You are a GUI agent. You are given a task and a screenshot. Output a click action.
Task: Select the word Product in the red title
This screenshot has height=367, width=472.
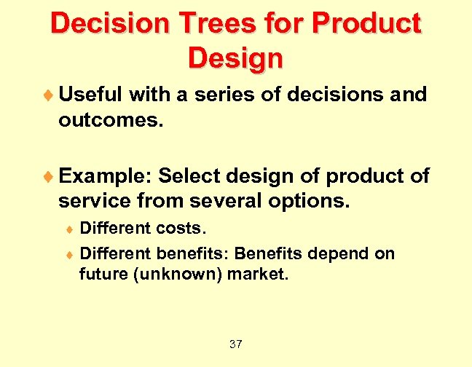(366, 24)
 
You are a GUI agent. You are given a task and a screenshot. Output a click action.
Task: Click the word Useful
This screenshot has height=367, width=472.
(90, 95)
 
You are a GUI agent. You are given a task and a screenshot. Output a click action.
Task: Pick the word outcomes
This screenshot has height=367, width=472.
(111, 119)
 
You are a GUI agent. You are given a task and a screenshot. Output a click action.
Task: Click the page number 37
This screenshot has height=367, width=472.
(235, 344)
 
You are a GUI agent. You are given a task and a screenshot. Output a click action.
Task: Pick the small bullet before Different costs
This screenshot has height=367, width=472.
(69, 229)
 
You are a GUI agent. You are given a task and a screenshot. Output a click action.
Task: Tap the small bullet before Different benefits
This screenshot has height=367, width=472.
(69, 255)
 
